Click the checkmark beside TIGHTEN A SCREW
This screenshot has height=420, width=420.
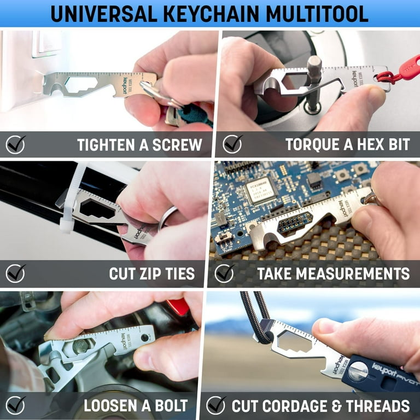click(15, 144)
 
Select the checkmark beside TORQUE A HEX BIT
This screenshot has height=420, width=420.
click(232, 144)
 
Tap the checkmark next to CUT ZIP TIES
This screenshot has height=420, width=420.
click(15, 273)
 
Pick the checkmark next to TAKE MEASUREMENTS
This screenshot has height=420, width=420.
click(224, 273)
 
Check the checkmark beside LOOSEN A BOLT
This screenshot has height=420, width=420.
click(15, 405)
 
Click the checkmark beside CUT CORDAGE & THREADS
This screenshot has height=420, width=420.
click(216, 405)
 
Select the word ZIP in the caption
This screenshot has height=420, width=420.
click(151, 273)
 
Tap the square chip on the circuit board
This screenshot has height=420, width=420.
click(260, 190)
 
